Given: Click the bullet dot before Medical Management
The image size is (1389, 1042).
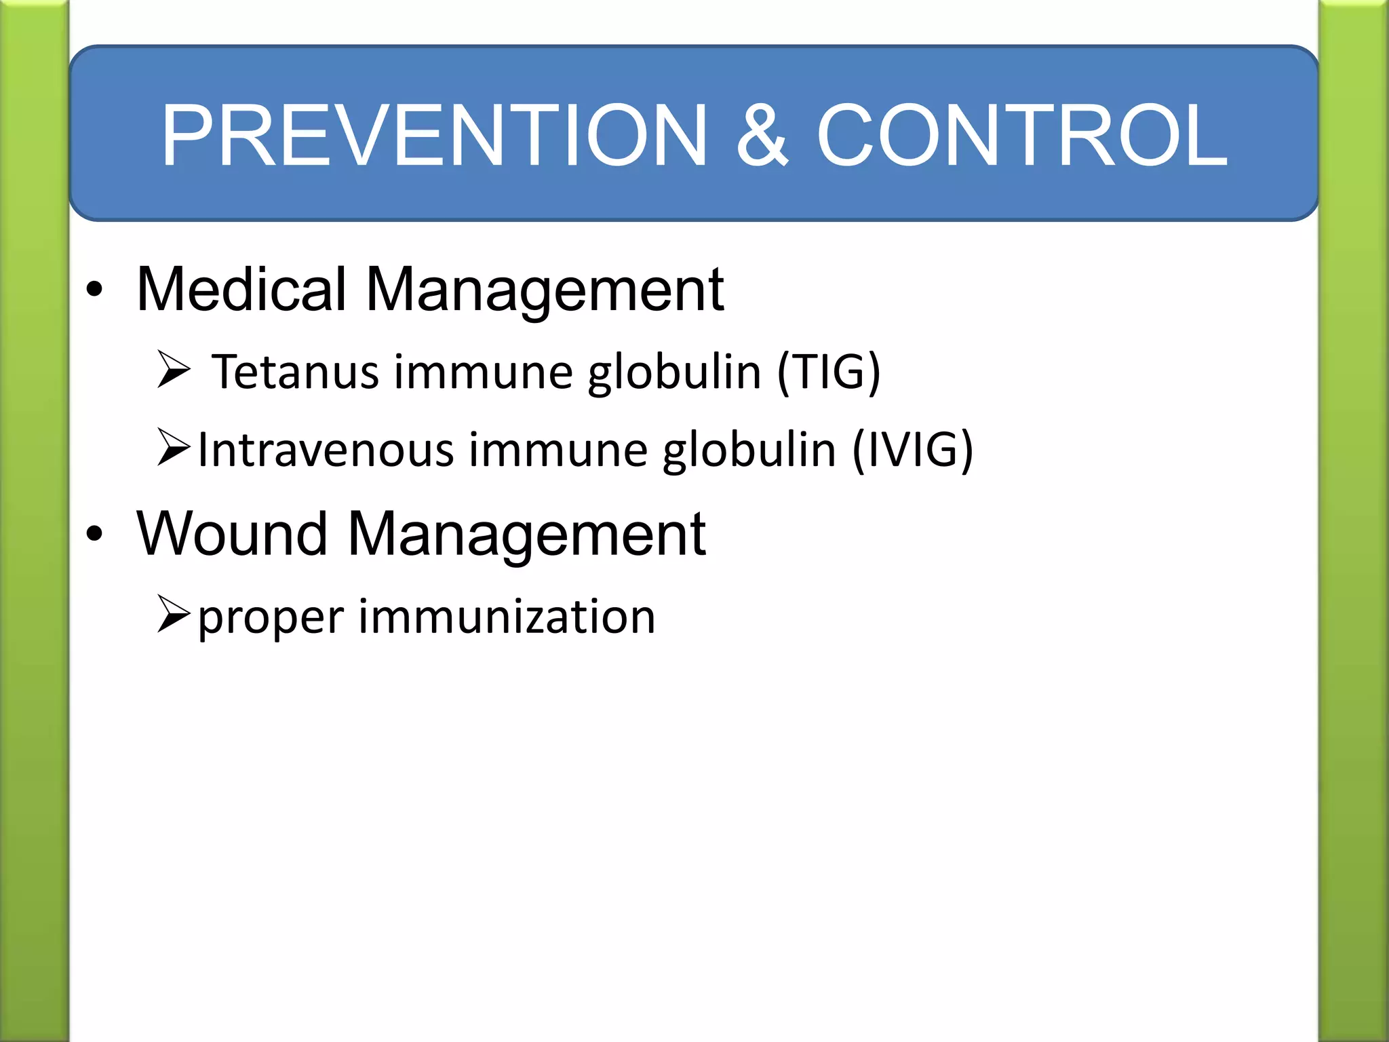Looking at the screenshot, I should (x=94, y=290).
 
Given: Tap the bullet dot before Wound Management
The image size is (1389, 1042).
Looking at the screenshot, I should (x=94, y=535).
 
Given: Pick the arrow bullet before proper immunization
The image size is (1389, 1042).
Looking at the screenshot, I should (x=173, y=614).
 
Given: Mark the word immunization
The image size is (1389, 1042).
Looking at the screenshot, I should (x=507, y=617).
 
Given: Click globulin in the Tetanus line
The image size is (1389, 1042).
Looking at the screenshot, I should (x=674, y=373).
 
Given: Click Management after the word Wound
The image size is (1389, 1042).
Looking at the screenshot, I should (x=526, y=535).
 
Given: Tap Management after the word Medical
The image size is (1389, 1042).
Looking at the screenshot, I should (x=545, y=290).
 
